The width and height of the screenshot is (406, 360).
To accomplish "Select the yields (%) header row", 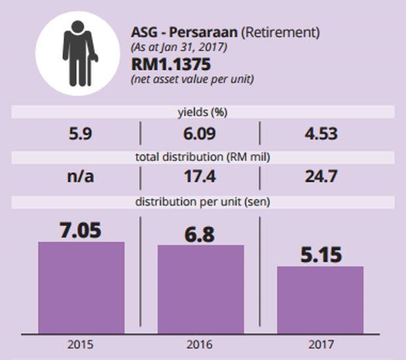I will (202, 112).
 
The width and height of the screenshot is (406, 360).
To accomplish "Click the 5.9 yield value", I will (81, 134).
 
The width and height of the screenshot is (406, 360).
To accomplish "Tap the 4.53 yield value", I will (321, 134).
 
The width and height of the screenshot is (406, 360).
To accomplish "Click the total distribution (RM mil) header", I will (202, 157).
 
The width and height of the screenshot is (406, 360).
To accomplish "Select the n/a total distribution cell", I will (81, 177).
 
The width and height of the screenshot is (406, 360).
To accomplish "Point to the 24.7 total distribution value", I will (321, 177).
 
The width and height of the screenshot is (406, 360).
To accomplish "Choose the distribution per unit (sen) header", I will (202, 202).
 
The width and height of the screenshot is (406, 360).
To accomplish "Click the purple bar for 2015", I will (81, 288).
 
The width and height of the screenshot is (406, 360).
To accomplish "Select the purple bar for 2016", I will (201, 290).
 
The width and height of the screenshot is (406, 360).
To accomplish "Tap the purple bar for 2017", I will (320, 300).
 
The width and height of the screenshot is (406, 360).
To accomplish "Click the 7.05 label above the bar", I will (81, 230).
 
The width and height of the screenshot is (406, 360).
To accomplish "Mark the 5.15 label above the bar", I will (320, 254).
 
